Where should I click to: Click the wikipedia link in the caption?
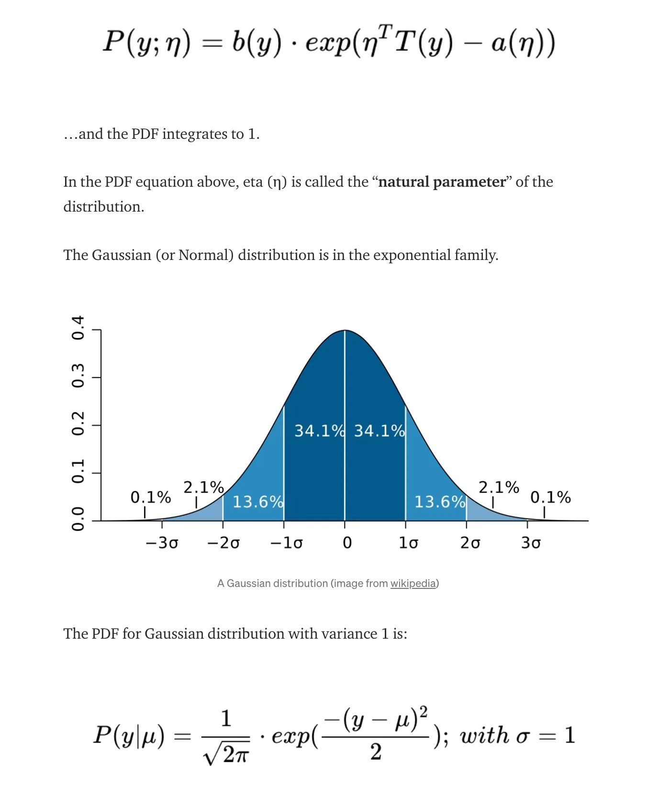413,583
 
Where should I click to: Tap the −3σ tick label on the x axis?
162,543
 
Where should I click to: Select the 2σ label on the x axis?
470,543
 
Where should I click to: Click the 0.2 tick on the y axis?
78,423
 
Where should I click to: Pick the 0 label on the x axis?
347,543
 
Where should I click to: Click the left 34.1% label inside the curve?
319,431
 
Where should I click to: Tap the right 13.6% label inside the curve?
440,502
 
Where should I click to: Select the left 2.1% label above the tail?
204,487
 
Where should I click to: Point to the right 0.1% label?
550,497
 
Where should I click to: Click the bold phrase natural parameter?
442,182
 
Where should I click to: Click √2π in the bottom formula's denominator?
226,754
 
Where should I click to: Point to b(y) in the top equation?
256,43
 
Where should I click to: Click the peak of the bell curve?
345,330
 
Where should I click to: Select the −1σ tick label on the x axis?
286,543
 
